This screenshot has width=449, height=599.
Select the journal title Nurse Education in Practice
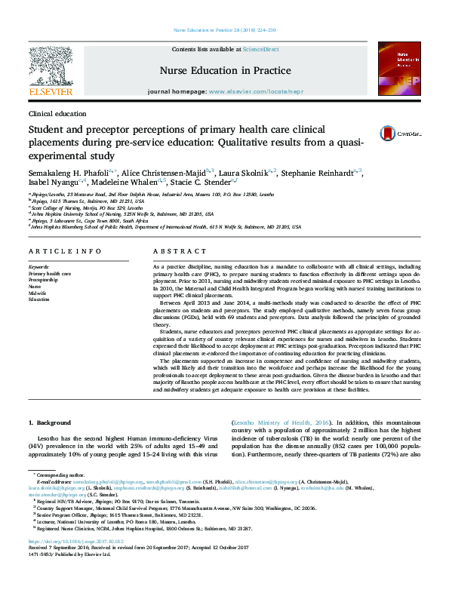pos(225,70)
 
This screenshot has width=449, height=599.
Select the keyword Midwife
pos(37,292)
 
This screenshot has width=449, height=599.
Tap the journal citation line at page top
pos(224,30)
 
